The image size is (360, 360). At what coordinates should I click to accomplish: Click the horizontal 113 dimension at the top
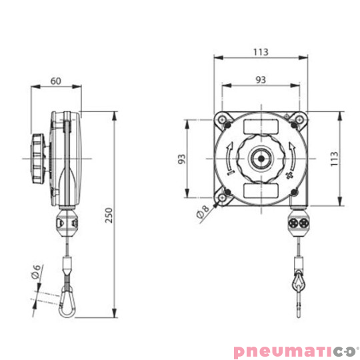pyautogui.click(x=261, y=47)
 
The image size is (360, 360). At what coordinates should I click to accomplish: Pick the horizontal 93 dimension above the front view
pyautogui.click(x=261, y=79)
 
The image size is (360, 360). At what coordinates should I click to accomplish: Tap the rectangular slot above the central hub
pyautogui.click(x=260, y=126)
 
